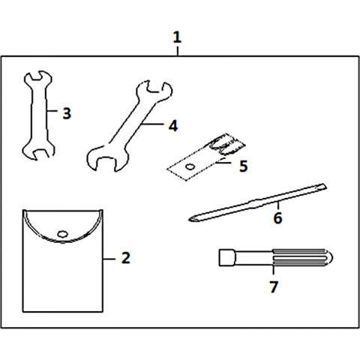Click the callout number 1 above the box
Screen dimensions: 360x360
coord(177,37)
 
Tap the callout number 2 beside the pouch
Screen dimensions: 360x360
coord(126,257)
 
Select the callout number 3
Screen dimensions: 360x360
coord(67,113)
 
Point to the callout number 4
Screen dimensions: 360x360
coord(173,126)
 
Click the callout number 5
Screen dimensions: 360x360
coord(243,166)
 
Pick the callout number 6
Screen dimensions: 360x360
coord(277,217)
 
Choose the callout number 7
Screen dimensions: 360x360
coord(274,286)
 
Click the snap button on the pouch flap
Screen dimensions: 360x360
coord(62,234)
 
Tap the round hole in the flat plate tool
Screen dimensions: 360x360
coord(190,166)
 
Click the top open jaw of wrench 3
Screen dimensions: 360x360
coord(38,76)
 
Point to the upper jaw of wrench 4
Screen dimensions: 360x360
coord(154,91)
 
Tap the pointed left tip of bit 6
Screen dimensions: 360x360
coord(189,220)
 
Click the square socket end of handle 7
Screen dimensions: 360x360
coord(226,257)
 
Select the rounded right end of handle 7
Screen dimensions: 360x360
coord(330,257)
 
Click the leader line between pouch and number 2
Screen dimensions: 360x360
coord(109,259)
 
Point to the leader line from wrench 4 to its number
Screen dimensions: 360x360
coord(152,124)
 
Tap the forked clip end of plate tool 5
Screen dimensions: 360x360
coord(226,145)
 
